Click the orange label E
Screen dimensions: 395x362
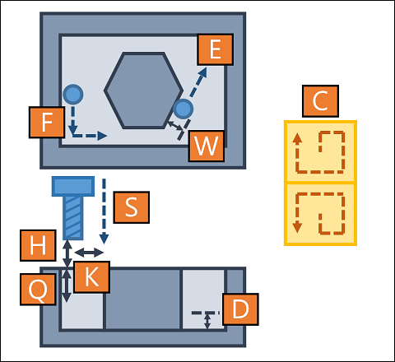coord(215,49)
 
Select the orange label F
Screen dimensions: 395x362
coord(47,123)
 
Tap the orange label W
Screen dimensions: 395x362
coord(207,146)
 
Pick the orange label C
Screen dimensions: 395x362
coord(320,101)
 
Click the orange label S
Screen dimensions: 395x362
coord(132,207)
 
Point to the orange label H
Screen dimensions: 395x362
coord(38,245)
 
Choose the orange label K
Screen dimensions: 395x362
coord(92,277)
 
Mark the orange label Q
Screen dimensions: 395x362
coord(38,290)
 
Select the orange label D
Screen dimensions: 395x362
coord(240,309)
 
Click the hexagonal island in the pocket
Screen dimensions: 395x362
coord(143,90)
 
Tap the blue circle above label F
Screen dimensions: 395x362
coord(73,95)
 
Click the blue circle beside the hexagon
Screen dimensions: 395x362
coord(184,109)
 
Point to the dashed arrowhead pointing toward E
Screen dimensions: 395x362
coord(202,72)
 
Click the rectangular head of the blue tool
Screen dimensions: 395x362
coord(73,187)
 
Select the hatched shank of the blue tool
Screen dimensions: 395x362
coord(73,218)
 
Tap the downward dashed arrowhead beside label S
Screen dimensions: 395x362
coord(104,239)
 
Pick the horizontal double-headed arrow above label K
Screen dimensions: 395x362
coord(89,253)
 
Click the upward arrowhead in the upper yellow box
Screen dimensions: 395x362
coord(297,138)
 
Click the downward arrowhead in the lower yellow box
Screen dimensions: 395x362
coord(297,228)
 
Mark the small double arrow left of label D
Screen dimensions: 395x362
coord(207,322)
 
